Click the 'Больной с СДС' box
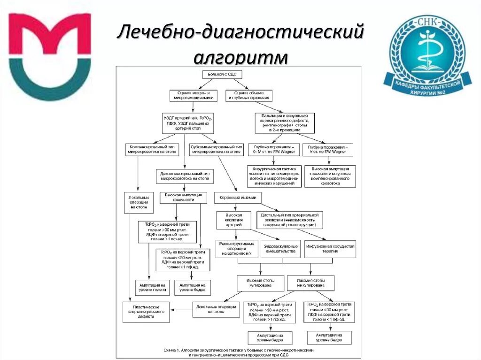click(222, 75)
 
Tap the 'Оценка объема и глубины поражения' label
click(249, 96)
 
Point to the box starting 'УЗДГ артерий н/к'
click(187, 123)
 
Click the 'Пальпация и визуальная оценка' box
click(285, 123)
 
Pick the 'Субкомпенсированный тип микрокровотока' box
click(217, 149)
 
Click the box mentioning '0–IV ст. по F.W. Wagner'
click(273, 149)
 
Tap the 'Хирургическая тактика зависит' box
click(275, 176)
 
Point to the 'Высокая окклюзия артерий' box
click(234, 220)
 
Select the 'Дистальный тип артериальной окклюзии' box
click(290, 220)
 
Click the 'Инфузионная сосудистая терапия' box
click(330, 249)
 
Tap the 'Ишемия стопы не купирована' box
click(310, 283)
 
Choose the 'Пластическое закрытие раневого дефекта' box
click(146, 312)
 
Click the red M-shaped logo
click(50, 56)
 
